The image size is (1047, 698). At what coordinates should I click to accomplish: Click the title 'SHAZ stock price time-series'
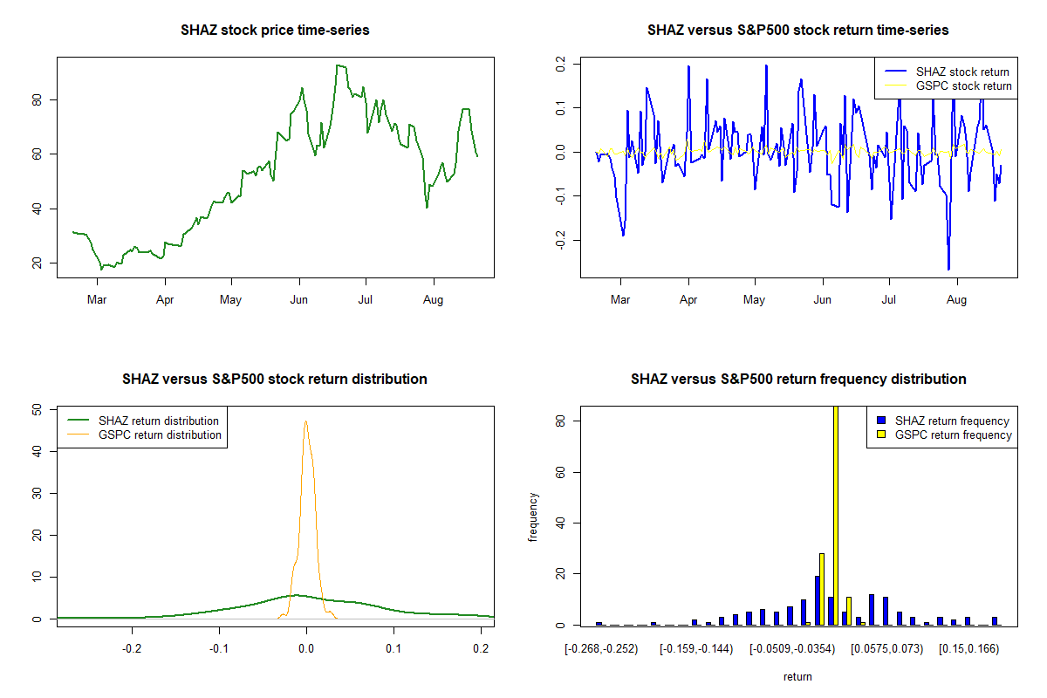pyautogui.click(x=275, y=30)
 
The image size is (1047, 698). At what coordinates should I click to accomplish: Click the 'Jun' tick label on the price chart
pyautogui.click(x=298, y=299)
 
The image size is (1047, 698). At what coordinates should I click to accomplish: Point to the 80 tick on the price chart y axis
pyautogui.click(x=37, y=100)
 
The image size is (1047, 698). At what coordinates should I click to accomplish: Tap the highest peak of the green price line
pyautogui.click(x=338, y=65)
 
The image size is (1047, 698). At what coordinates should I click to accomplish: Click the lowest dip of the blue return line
pyautogui.click(x=948, y=269)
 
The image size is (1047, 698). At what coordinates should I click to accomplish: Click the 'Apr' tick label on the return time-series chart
pyautogui.click(x=688, y=299)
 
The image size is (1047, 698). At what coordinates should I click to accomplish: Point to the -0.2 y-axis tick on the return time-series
pyautogui.click(x=560, y=240)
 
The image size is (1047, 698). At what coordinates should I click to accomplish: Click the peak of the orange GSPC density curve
pyautogui.click(x=305, y=421)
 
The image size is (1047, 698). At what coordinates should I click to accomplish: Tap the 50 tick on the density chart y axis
pyautogui.click(x=37, y=410)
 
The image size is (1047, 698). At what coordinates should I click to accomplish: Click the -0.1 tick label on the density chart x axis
pyautogui.click(x=219, y=649)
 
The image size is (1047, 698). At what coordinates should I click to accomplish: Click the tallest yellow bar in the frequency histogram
pyautogui.click(x=836, y=515)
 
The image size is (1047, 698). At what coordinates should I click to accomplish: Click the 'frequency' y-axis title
pyautogui.click(x=532, y=517)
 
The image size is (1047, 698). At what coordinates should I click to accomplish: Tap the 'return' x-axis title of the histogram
pyautogui.click(x=797, y=676)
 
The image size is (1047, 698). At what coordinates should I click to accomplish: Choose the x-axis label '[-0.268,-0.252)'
pyautogui.click(x=601, y=649)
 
